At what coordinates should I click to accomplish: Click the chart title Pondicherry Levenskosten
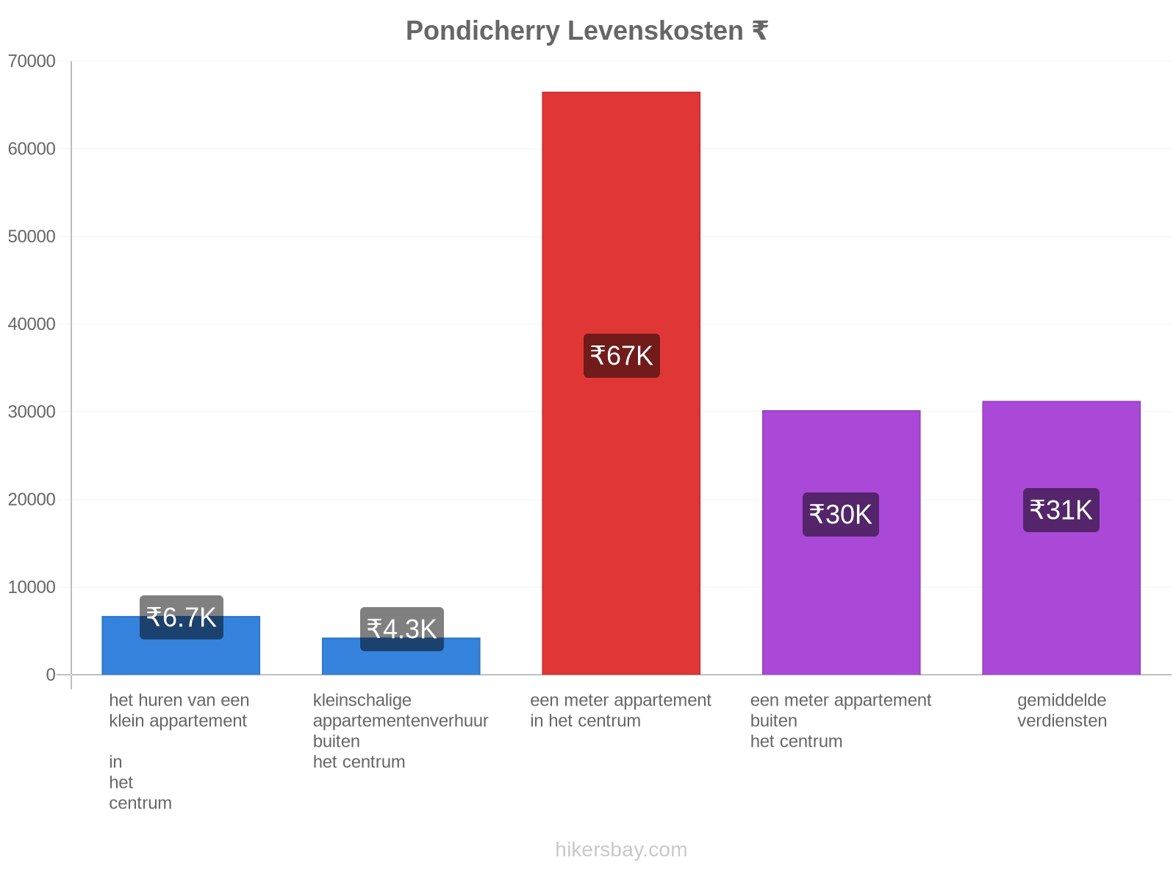coord(574,31)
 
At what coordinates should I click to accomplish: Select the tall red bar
coord(621,384)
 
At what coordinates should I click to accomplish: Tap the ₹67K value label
coord(622,356)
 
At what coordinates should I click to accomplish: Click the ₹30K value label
coord(841,514)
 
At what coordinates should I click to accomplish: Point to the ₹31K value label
coord(1061,510)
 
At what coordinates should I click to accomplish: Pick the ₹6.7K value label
coord(181,617)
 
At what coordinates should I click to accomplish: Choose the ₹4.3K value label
coord(402,628)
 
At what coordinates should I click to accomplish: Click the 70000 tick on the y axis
coord(32,61)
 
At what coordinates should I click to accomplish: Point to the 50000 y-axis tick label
coord(32,236)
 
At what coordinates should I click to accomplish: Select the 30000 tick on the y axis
coord(32,412)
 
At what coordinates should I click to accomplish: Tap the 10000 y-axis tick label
coord(32,587)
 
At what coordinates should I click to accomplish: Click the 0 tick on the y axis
coord(51,675)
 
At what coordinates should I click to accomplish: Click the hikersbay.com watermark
coord(621,850)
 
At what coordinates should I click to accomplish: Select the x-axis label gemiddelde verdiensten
coord(1062,710)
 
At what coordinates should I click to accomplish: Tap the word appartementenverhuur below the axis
coord(401,720)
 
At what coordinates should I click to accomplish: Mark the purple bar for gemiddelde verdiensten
coord(1061,538)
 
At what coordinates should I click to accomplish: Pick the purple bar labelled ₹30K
coord(841,542)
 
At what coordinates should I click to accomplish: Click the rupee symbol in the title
coord(760,31)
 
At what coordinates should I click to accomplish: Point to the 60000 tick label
coord(32,148)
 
